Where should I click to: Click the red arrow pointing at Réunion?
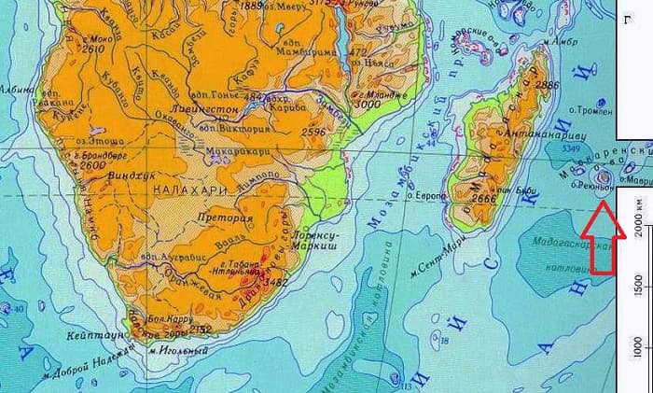click(x=598, y=244)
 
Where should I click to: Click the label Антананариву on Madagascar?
click(x=539, y=134)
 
